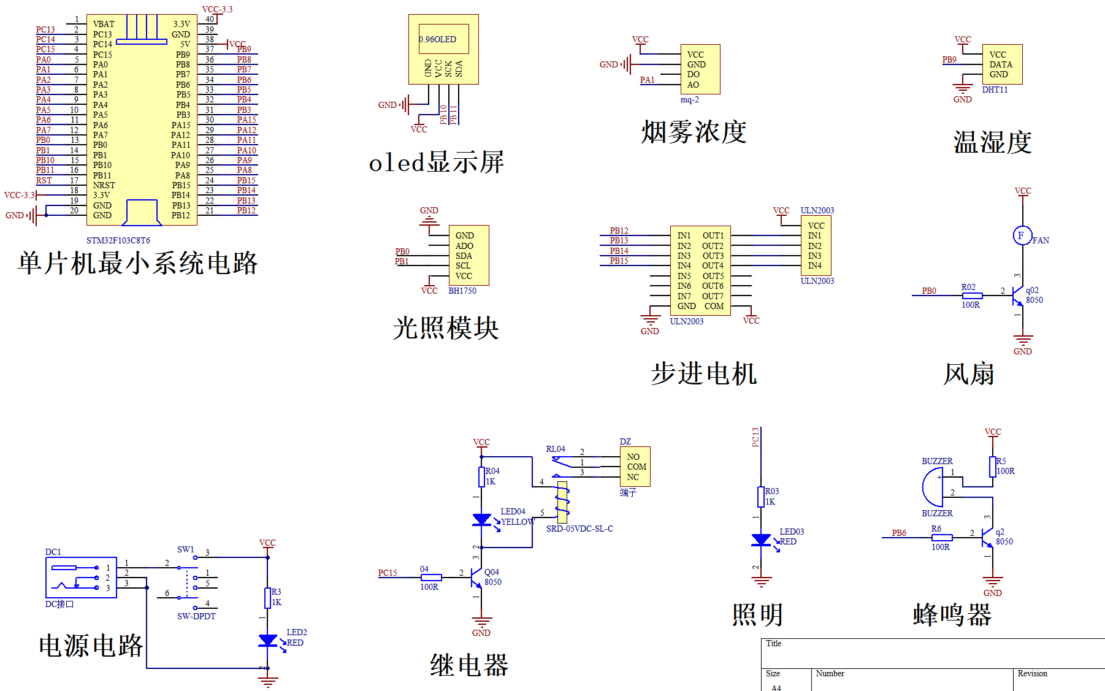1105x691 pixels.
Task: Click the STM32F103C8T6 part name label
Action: (118, 240)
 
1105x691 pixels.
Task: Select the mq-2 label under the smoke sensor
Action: (689, 99)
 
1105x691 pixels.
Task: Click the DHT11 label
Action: (995, 90)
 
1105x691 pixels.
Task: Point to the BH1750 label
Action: (462, 291)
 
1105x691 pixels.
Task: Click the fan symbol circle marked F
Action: (1022, 235)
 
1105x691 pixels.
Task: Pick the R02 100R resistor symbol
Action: (972, 296)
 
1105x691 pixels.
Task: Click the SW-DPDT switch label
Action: (196, 616)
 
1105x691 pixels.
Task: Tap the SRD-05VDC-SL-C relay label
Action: (579, 529)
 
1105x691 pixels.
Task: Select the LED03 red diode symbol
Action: (761, 540)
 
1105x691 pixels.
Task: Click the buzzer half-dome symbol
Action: (933, 487)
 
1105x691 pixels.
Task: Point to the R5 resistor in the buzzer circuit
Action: (992, 467)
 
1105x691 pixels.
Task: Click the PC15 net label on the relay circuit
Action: (388, 573)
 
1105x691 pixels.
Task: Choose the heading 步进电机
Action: (704, 373)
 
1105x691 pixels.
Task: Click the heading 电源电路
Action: (91, 646)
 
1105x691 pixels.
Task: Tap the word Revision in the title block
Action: (1032, 673)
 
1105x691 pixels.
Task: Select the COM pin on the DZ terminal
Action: (637, 467)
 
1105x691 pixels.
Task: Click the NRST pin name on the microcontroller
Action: (104, 185)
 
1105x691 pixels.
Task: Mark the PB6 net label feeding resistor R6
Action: (899, 533)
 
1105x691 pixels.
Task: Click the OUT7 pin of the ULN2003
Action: (713, 296)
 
